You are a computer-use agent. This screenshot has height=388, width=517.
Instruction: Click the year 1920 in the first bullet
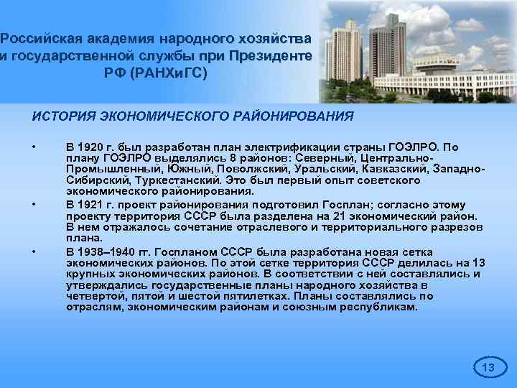click(90, 147)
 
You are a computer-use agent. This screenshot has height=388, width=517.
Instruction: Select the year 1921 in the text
click(90, 204)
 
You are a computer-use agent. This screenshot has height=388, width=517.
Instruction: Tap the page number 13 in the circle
click(488, 368)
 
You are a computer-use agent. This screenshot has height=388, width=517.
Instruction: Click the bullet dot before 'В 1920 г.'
click(34, 147)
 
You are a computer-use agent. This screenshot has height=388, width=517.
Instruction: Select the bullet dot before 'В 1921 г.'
click(34, 204)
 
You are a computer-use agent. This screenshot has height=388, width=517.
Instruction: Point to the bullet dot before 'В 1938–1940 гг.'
click(34, 251)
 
